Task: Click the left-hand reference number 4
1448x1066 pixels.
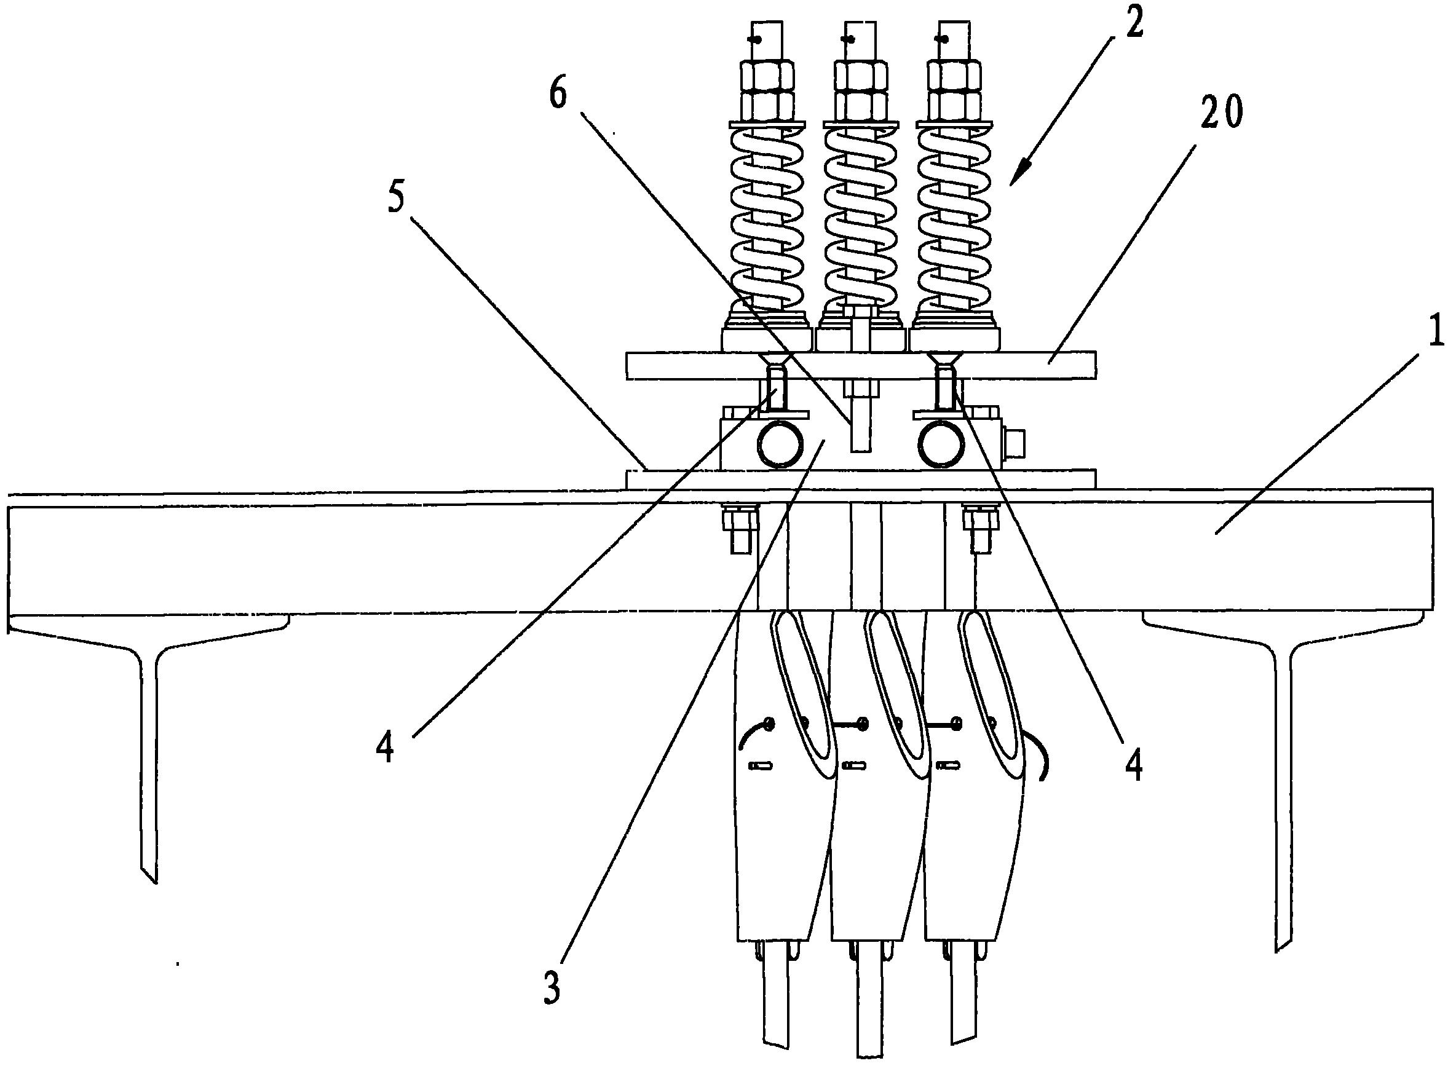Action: tap(386, 751)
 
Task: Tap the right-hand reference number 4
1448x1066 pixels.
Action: tap(1134, 767)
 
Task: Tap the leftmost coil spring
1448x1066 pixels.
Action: tap(767, 219)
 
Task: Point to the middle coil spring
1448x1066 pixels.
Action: tap(860, 219)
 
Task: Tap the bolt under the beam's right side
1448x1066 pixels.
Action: tap(979, 529)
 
